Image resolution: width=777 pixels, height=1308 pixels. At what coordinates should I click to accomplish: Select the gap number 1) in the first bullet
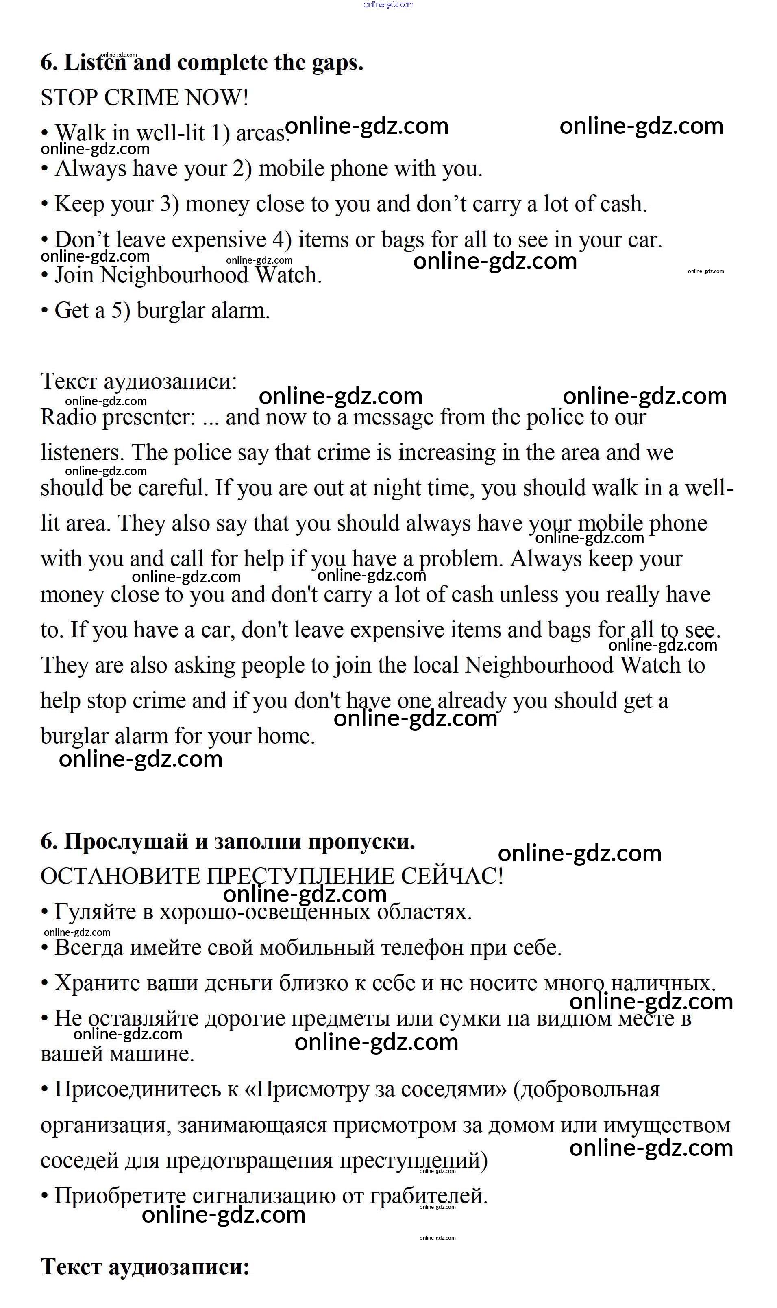click(220, 133)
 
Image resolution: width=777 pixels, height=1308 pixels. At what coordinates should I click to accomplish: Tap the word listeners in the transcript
click(82, 452)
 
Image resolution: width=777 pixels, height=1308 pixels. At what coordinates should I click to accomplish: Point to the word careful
click(173, 488)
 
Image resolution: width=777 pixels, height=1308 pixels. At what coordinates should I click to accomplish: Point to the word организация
click(105, 1125)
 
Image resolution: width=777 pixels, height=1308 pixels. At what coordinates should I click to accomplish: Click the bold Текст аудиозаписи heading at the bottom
click(145, 1267)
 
